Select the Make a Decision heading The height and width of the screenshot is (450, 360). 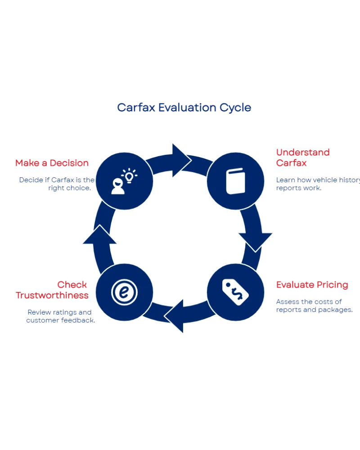pyautogui.click(x=52, y=163)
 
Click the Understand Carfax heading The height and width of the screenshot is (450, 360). pyautogui.click(x=302, y=158)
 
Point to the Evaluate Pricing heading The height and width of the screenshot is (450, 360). pyautogui.click(x=311, y=285)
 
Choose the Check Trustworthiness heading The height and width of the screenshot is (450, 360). pyautogui.click(x=57, y=290)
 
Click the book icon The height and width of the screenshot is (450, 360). pyautogui.click(x=235, y=181)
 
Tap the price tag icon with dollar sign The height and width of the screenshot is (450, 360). pyautogui.click(x=235, y=292)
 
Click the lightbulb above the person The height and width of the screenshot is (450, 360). pyautogui.click(x=130, y=175)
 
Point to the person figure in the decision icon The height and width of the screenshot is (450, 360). pyautogui.click(x=118, y=186)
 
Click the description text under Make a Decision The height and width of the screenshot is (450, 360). pyautogui.click(x=56, y=184)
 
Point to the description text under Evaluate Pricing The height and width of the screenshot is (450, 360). pyautogui.click(x=314, y=306)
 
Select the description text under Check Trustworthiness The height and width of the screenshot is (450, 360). pyautogui.click(x=60, y=316)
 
